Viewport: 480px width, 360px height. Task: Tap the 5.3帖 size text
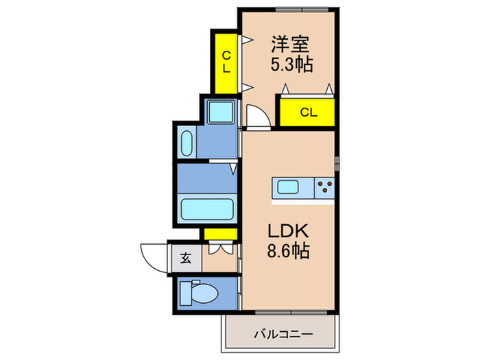point(291,66)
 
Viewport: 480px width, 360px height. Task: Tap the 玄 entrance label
point(186,259)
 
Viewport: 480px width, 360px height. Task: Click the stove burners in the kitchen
point(324,185)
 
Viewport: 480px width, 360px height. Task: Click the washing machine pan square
point(219,111)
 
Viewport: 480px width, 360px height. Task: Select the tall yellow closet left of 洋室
point(226,62)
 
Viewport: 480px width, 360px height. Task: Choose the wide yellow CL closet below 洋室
point(307,112)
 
